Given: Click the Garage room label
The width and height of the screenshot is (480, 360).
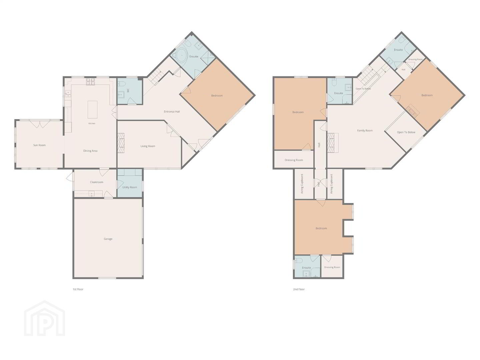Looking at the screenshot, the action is (108, 239).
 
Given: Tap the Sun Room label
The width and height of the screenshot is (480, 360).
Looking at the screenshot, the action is (39, 145).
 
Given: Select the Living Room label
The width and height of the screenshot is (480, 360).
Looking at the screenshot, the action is (148, 146).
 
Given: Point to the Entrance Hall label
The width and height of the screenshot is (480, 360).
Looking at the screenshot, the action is (172, 112).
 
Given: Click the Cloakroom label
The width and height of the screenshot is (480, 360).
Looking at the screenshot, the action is (96, 182).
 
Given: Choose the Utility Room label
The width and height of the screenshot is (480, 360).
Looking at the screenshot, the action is (130, 187).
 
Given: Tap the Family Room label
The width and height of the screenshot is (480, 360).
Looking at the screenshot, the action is (365, 130).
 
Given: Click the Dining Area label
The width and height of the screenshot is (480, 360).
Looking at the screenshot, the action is (90, 151).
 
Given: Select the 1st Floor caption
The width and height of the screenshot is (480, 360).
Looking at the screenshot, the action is (78, 289).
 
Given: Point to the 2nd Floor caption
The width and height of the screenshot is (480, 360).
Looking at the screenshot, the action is (299, 289).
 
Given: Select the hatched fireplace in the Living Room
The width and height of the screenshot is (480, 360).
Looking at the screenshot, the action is (121, 143).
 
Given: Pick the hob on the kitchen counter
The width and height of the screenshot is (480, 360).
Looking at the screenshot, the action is (91, 82).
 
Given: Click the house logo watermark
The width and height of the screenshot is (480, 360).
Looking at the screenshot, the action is (45, 318).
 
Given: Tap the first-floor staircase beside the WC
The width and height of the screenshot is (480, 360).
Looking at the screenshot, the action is (154, 77).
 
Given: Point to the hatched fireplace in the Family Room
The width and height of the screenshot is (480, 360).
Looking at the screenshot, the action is (333, 143).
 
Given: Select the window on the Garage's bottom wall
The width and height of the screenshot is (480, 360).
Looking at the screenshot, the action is (107, 278).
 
